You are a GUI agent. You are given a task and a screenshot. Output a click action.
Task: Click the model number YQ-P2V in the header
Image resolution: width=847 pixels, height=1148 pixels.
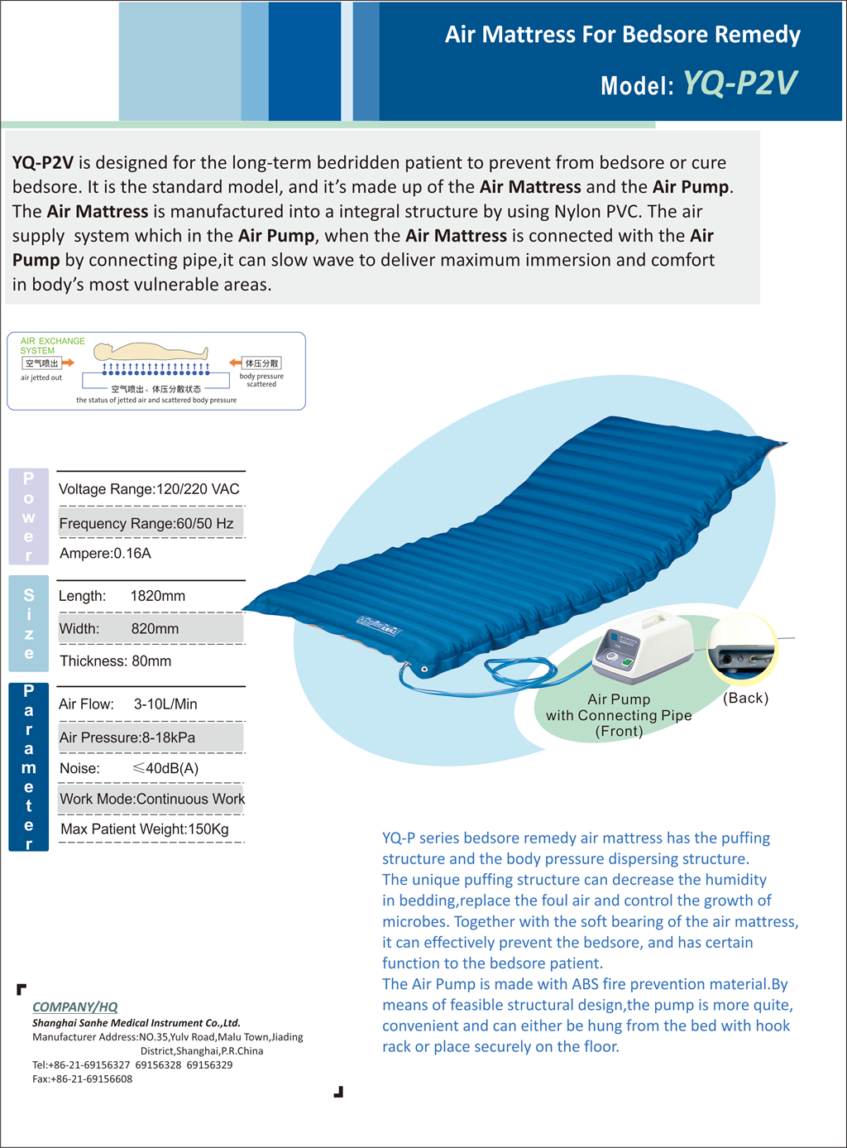[740, 84]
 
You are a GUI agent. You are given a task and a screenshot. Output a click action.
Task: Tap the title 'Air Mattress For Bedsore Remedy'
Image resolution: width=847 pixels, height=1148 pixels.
[622, 35]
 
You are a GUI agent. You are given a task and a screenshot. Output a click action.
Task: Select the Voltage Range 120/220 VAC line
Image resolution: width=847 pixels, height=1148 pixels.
[149, 489]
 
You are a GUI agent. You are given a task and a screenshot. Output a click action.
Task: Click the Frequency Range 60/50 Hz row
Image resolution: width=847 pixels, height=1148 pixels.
[146, 523]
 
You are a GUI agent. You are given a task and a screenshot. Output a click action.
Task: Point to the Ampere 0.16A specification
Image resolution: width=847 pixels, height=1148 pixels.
[105, 554]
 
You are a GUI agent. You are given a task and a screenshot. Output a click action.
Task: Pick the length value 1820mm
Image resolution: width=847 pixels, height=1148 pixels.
[158, 596]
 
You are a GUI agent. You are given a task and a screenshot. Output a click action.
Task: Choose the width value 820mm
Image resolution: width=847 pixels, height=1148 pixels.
[155, 629]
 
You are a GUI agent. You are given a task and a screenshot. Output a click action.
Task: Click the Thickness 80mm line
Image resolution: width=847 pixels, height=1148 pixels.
[116, 661]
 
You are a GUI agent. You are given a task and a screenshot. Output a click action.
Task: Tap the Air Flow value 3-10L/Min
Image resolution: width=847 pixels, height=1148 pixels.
[165, 704]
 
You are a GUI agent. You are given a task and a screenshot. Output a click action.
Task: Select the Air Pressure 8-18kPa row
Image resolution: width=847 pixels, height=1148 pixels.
[127, 737]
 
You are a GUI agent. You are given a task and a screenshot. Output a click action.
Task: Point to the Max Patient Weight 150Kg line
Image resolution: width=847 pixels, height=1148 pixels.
[145, 829]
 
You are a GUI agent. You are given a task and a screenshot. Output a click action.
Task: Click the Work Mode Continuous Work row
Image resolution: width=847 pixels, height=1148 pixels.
[152, 799]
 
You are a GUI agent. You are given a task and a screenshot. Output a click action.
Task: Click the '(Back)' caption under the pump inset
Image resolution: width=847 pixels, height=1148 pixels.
[745, 698]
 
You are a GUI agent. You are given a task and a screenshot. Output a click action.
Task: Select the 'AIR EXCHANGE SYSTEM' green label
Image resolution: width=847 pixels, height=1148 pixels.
[51, 346]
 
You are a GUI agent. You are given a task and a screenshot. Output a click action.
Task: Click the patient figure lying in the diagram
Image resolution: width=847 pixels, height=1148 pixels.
[157, 351]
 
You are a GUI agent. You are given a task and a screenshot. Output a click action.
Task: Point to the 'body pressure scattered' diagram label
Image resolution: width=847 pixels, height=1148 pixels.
[261, 380]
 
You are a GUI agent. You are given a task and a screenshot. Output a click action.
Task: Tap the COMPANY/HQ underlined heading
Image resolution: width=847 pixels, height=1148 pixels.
[74, 1007]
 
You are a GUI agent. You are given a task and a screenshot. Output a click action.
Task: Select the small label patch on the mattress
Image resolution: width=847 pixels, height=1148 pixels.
[378, 626]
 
